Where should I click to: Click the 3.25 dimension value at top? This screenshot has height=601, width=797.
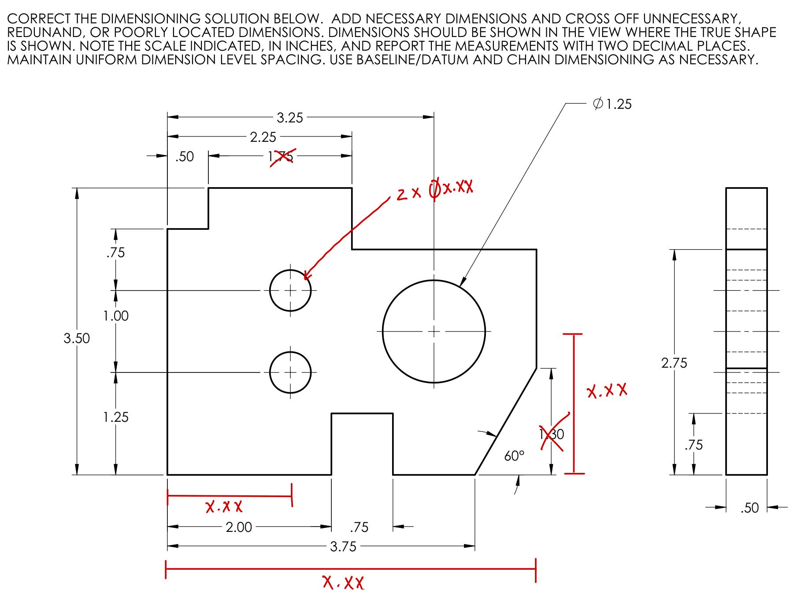[x=290, y=118]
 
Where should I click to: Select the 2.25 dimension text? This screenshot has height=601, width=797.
[x=263, y=137]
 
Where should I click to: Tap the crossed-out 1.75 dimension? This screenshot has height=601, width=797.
[x=281, y=156]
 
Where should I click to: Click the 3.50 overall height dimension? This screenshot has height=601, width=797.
[x=77, y=338]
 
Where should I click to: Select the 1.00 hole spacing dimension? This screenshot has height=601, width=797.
[x=116, y=316]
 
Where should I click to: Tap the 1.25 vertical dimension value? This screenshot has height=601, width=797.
[x=116, y=417]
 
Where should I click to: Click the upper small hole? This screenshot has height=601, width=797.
[x=290, y=291]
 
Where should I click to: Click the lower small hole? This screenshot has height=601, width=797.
[x=290, y=372]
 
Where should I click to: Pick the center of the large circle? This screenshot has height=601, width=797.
[x=434, y=331]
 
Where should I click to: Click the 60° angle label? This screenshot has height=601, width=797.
[x=514, y=456]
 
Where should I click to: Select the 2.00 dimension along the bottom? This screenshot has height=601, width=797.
[x=239, y=527]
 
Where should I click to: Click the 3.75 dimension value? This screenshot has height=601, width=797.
[x=343, y=547]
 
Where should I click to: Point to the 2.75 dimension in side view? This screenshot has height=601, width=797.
[x=674, y=363]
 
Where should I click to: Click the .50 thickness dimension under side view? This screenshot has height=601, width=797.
[x=749, y=508]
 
